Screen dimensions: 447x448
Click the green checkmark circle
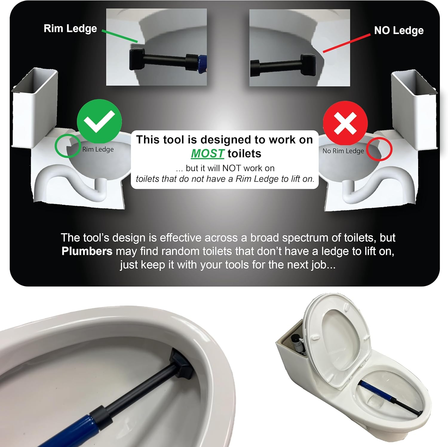[99, 121]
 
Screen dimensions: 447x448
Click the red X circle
[345, 123]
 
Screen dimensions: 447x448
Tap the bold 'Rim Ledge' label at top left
[70, 28]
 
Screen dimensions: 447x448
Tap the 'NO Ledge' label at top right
[399, 30]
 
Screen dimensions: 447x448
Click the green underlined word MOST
[207, 154]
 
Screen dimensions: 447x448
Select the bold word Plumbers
[87, 251]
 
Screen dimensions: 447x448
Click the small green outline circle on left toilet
[67, 146]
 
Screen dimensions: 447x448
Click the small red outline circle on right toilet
[379, 149]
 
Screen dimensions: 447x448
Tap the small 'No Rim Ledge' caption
[343, 151]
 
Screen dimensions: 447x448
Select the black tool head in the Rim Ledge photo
[137, 60]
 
